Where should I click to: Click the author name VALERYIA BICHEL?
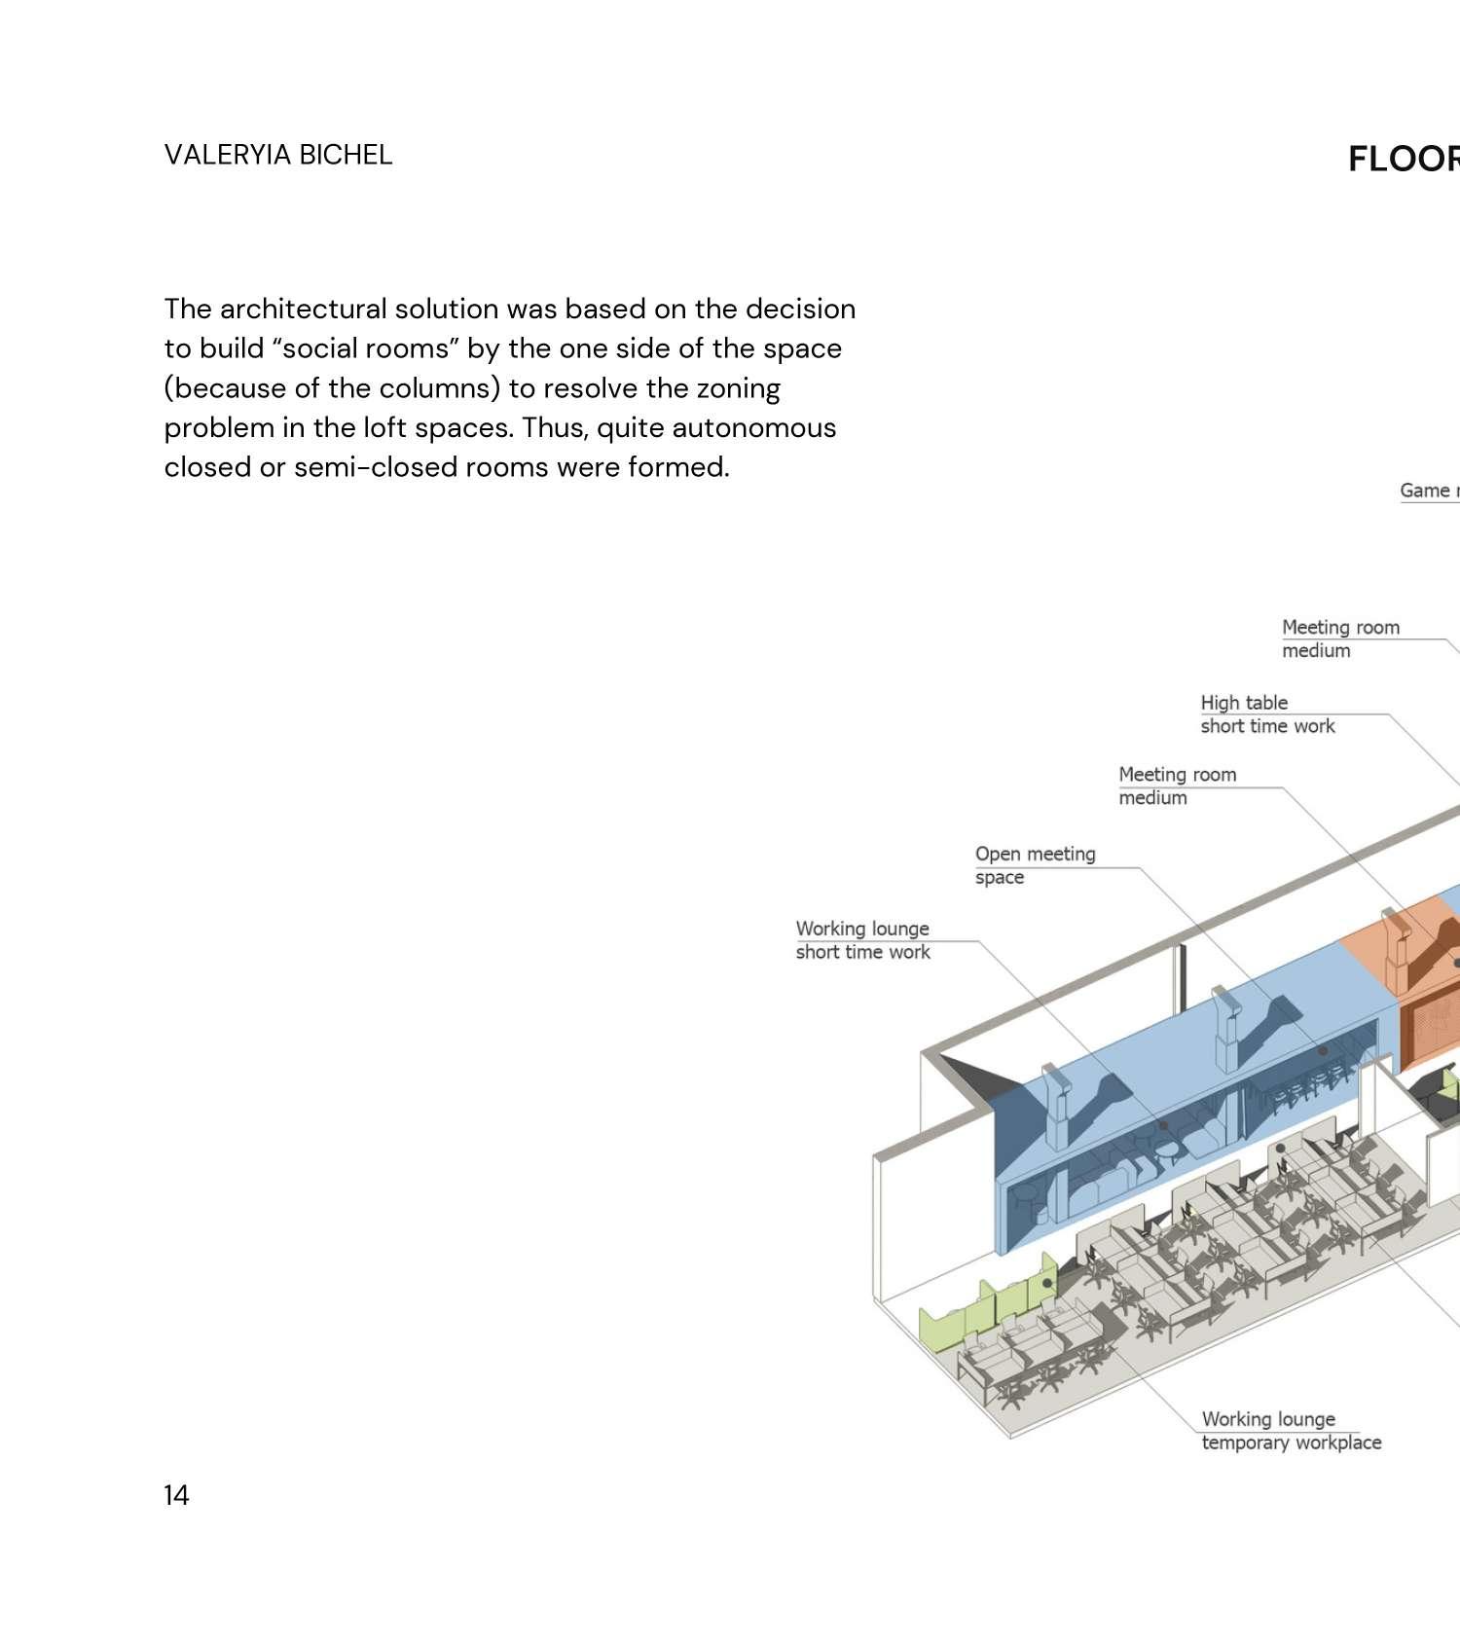277,155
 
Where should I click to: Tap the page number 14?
176,1494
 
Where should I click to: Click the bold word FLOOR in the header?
1403,159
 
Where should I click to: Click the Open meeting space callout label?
1035,865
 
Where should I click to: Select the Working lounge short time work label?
862,940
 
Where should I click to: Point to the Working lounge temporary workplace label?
1291,1431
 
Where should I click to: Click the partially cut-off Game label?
1428,491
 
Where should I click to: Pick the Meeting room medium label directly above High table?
1339,639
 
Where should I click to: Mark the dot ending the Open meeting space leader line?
1322,1051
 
